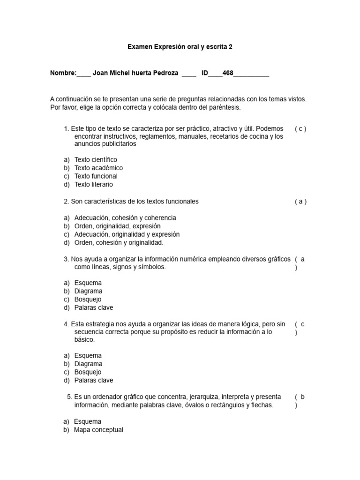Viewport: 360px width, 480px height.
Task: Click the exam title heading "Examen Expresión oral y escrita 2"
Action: (180, 47)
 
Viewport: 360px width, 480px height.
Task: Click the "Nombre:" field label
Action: (63, 74)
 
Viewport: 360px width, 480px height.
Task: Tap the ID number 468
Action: (228, 74)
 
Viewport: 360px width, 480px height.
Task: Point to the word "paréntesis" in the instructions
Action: (225, 107)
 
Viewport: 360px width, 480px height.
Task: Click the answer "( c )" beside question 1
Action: (300, 129)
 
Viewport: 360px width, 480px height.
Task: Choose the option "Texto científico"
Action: (96, 160)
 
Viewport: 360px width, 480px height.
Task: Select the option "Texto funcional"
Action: (96, 176)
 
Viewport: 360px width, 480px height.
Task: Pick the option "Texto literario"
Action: (93, 185)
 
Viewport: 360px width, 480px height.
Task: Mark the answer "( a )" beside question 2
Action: (300, 202)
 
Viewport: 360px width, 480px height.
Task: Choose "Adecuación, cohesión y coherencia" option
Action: (125, 218)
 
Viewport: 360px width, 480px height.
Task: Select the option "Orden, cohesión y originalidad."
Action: (119, 243)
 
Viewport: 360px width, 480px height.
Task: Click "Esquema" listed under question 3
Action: (88, 283)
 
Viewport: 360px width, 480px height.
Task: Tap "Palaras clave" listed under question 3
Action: (94, 308)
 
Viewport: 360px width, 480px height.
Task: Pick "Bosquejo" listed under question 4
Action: (88, 372)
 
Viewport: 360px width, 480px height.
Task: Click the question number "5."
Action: (70, 397)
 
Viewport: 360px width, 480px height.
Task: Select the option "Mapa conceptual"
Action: (98, 430)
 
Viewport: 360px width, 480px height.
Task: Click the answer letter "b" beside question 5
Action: (303, 397)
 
